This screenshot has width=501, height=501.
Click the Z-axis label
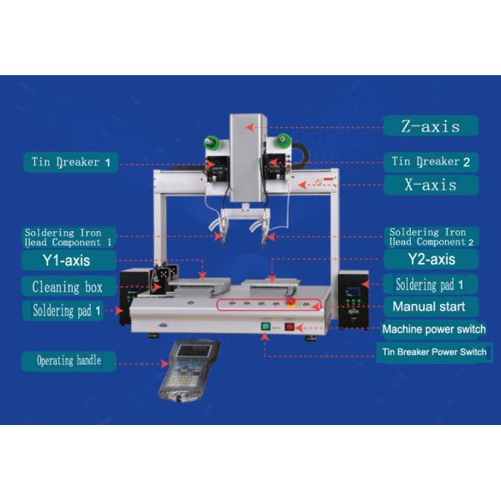pos(430,126)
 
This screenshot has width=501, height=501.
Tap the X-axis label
pos(431,185)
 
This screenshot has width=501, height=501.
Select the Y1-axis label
pos(68,260)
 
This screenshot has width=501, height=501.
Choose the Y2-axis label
pos(431,259)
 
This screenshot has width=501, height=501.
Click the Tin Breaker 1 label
pos(71,162)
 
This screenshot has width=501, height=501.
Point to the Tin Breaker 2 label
pos(431,162)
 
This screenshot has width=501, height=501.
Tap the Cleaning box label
pos(68,286)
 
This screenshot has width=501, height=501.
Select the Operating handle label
pos(68,361)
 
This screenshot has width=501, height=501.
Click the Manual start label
pos(430,306)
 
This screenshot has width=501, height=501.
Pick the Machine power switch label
pos(434,329)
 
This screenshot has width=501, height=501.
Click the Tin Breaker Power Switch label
pos(434,352)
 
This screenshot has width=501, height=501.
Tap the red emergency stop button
pos(291,302)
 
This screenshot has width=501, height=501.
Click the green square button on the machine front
pos(266,326)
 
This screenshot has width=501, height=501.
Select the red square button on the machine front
pos(290,326)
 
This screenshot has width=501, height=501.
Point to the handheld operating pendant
pos(190,371)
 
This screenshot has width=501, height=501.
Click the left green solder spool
pos(212,141)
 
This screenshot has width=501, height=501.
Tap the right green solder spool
pos(283,139)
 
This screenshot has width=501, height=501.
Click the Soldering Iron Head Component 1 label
pos(68,237)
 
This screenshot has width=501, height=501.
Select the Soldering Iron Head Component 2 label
pos(431,237)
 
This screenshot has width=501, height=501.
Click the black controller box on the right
pos(353,300)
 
